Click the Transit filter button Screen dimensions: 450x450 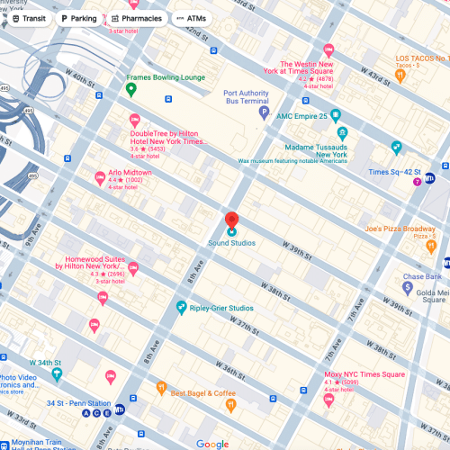tap(29, 18)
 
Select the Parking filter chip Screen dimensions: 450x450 tap(78, 18)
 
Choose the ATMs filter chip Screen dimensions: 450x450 tap(190, 18)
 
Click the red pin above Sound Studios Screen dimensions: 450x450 tap(231, 219)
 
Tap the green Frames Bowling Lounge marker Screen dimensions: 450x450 tap(130, 89)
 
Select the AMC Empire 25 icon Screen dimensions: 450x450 tap(336, 115)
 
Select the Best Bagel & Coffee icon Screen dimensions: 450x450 tap(161, 389)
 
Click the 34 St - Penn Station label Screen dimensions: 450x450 tap(78, 402)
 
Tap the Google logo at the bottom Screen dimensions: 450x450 tap(212, 444)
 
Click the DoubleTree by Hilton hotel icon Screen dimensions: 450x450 tap(135, 120)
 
